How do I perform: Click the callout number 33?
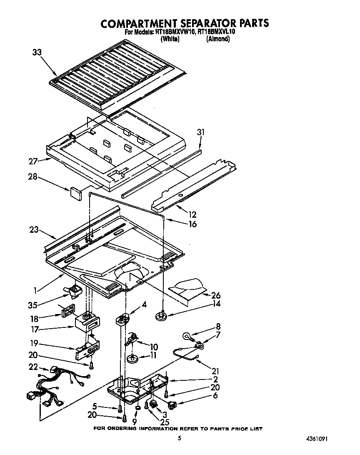click(37, 52)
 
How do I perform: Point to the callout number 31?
click(201, 132)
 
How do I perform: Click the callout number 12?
click(192, 215)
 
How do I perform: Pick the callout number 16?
click(192, 224)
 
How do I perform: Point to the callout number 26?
click(216, 295)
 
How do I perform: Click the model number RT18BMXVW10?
click(173, 32)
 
